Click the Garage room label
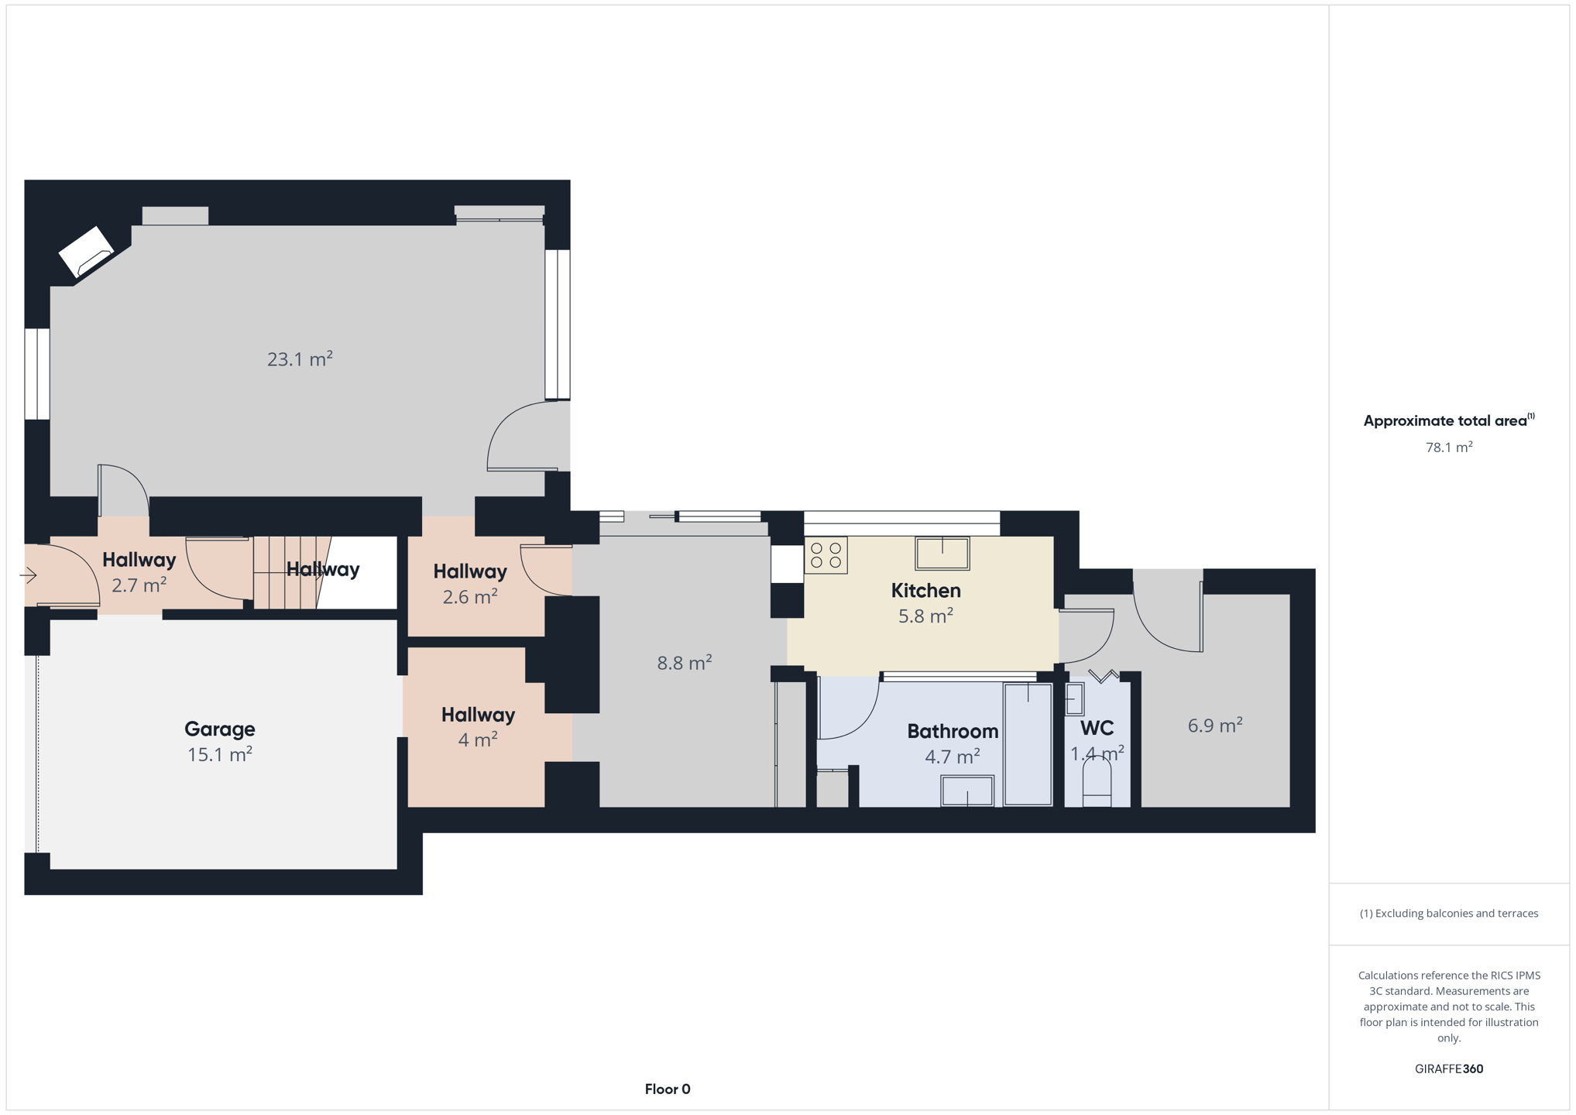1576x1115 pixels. pyautogui.click(x=219, y=729)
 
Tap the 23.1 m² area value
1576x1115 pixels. pyautogui.click(x=300, y=359)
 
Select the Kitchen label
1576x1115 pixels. pyautogui.click(x=925, y=590)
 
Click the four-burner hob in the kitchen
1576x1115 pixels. pyautogui.click(x=826, y=555)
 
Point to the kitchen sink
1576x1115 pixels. pyautogui.click(x=942, y=554)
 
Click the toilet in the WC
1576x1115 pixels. pyautogui.click(x=1097, y=782)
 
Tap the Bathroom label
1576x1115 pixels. pyautogui.click(x=953, y=731)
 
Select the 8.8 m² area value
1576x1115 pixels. pyautogui.click(x=685, y=663)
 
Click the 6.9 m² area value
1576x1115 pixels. pyautogui.click(x=1215, y=726)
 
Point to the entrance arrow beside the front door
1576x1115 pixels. pyautogui.click(x=29, y=575)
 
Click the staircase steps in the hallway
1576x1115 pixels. pyautogui.click(x=287, y=572)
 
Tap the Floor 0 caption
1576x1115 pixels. pyautogui.click(x=668, y=1089)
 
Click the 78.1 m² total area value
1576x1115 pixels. pyautogui.click(x=1449, y=447)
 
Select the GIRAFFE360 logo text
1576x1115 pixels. pyautogui.click(x=1449, y=1069)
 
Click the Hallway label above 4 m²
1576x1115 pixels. pyautogui.click(x=478, y=715)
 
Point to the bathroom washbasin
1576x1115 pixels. pyautogui.click(x=967, y=791)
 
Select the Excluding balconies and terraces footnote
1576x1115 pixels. pyautogui.click(x=1449, y=914)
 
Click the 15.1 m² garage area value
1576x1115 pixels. pyautogui.click(x=219, y=754)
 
